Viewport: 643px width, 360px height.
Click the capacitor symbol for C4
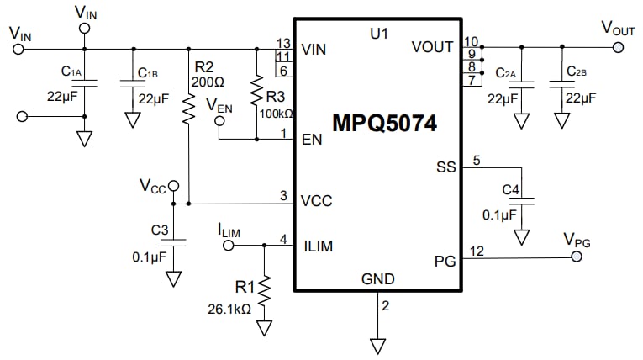point(522,201)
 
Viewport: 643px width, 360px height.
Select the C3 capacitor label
point(160,229)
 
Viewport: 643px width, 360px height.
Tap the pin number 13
point(283,42)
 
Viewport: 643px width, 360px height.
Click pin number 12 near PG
point(477,250)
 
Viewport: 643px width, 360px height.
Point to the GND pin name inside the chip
point(377,279)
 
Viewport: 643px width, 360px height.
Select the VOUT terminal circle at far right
point(619,48)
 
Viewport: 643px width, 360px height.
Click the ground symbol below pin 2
point(377,345)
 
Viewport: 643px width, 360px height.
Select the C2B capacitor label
point(576,72)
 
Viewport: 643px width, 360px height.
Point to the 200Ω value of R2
point(207,82)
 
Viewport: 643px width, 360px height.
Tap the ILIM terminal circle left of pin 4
point(228,246)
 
